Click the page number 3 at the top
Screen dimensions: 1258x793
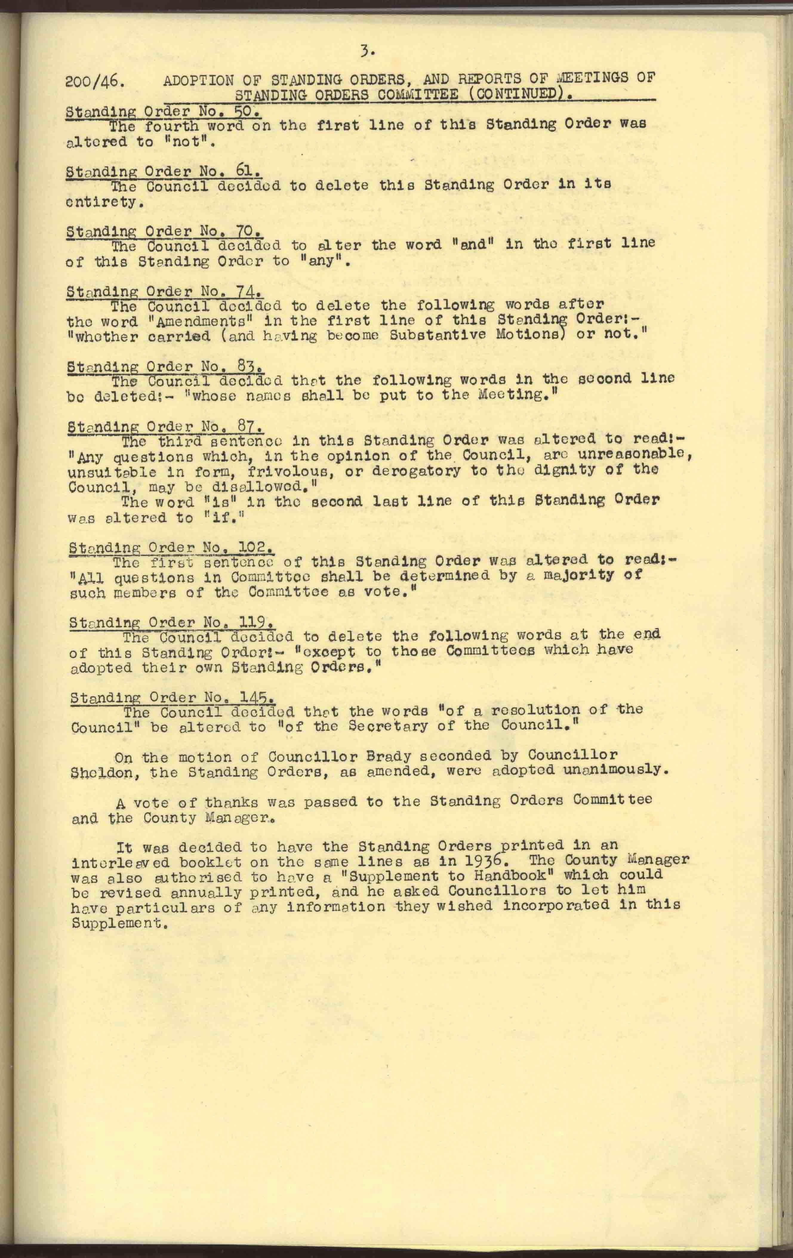(x=367, y=51)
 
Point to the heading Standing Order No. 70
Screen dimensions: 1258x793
(x=164, y=232)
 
